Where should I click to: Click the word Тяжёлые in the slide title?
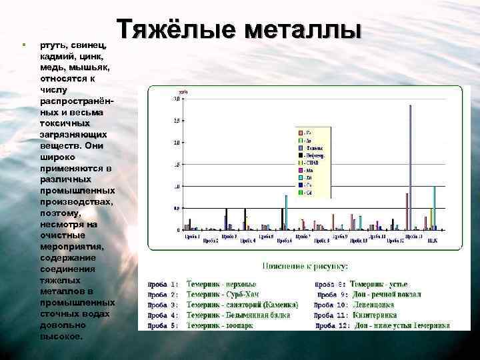(x=176, y=29)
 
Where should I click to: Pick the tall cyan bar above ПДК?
(x=434, y=207)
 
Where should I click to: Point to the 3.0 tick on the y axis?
(x=176, y=99)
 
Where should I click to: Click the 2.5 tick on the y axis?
(x=176, y=121)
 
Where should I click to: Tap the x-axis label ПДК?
(x=432, y=240)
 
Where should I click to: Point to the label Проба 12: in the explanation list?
(x=331, y=325)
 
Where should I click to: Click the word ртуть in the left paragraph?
(x=53, y=45)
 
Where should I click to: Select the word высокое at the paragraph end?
(x=61, y=336)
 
